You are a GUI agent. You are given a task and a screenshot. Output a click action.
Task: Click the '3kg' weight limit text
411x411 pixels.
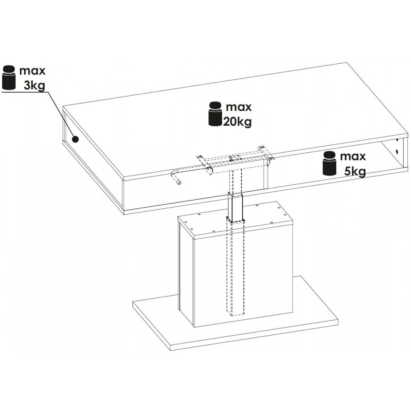(35, 85)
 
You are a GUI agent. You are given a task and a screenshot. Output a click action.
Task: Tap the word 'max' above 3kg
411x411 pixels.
(32, 71)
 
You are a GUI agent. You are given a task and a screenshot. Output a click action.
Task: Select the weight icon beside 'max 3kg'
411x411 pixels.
(9, 78)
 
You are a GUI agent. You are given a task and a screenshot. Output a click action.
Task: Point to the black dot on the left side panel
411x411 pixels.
(76, 139)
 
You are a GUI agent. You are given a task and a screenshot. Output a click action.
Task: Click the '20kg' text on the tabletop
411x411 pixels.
(237, 122)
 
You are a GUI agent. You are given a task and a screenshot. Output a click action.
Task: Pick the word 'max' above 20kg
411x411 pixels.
(239, 107)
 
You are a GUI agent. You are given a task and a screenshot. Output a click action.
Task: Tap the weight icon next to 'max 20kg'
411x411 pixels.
(215, 114)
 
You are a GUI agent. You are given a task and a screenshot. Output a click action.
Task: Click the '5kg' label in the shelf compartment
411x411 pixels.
(355, 172)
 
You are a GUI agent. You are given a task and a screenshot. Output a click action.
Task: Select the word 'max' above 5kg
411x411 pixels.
(353, 157)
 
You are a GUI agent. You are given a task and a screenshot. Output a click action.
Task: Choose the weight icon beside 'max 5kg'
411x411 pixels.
(330, 163)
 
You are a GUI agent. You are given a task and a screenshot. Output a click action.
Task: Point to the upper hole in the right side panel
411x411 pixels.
(397, 141)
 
